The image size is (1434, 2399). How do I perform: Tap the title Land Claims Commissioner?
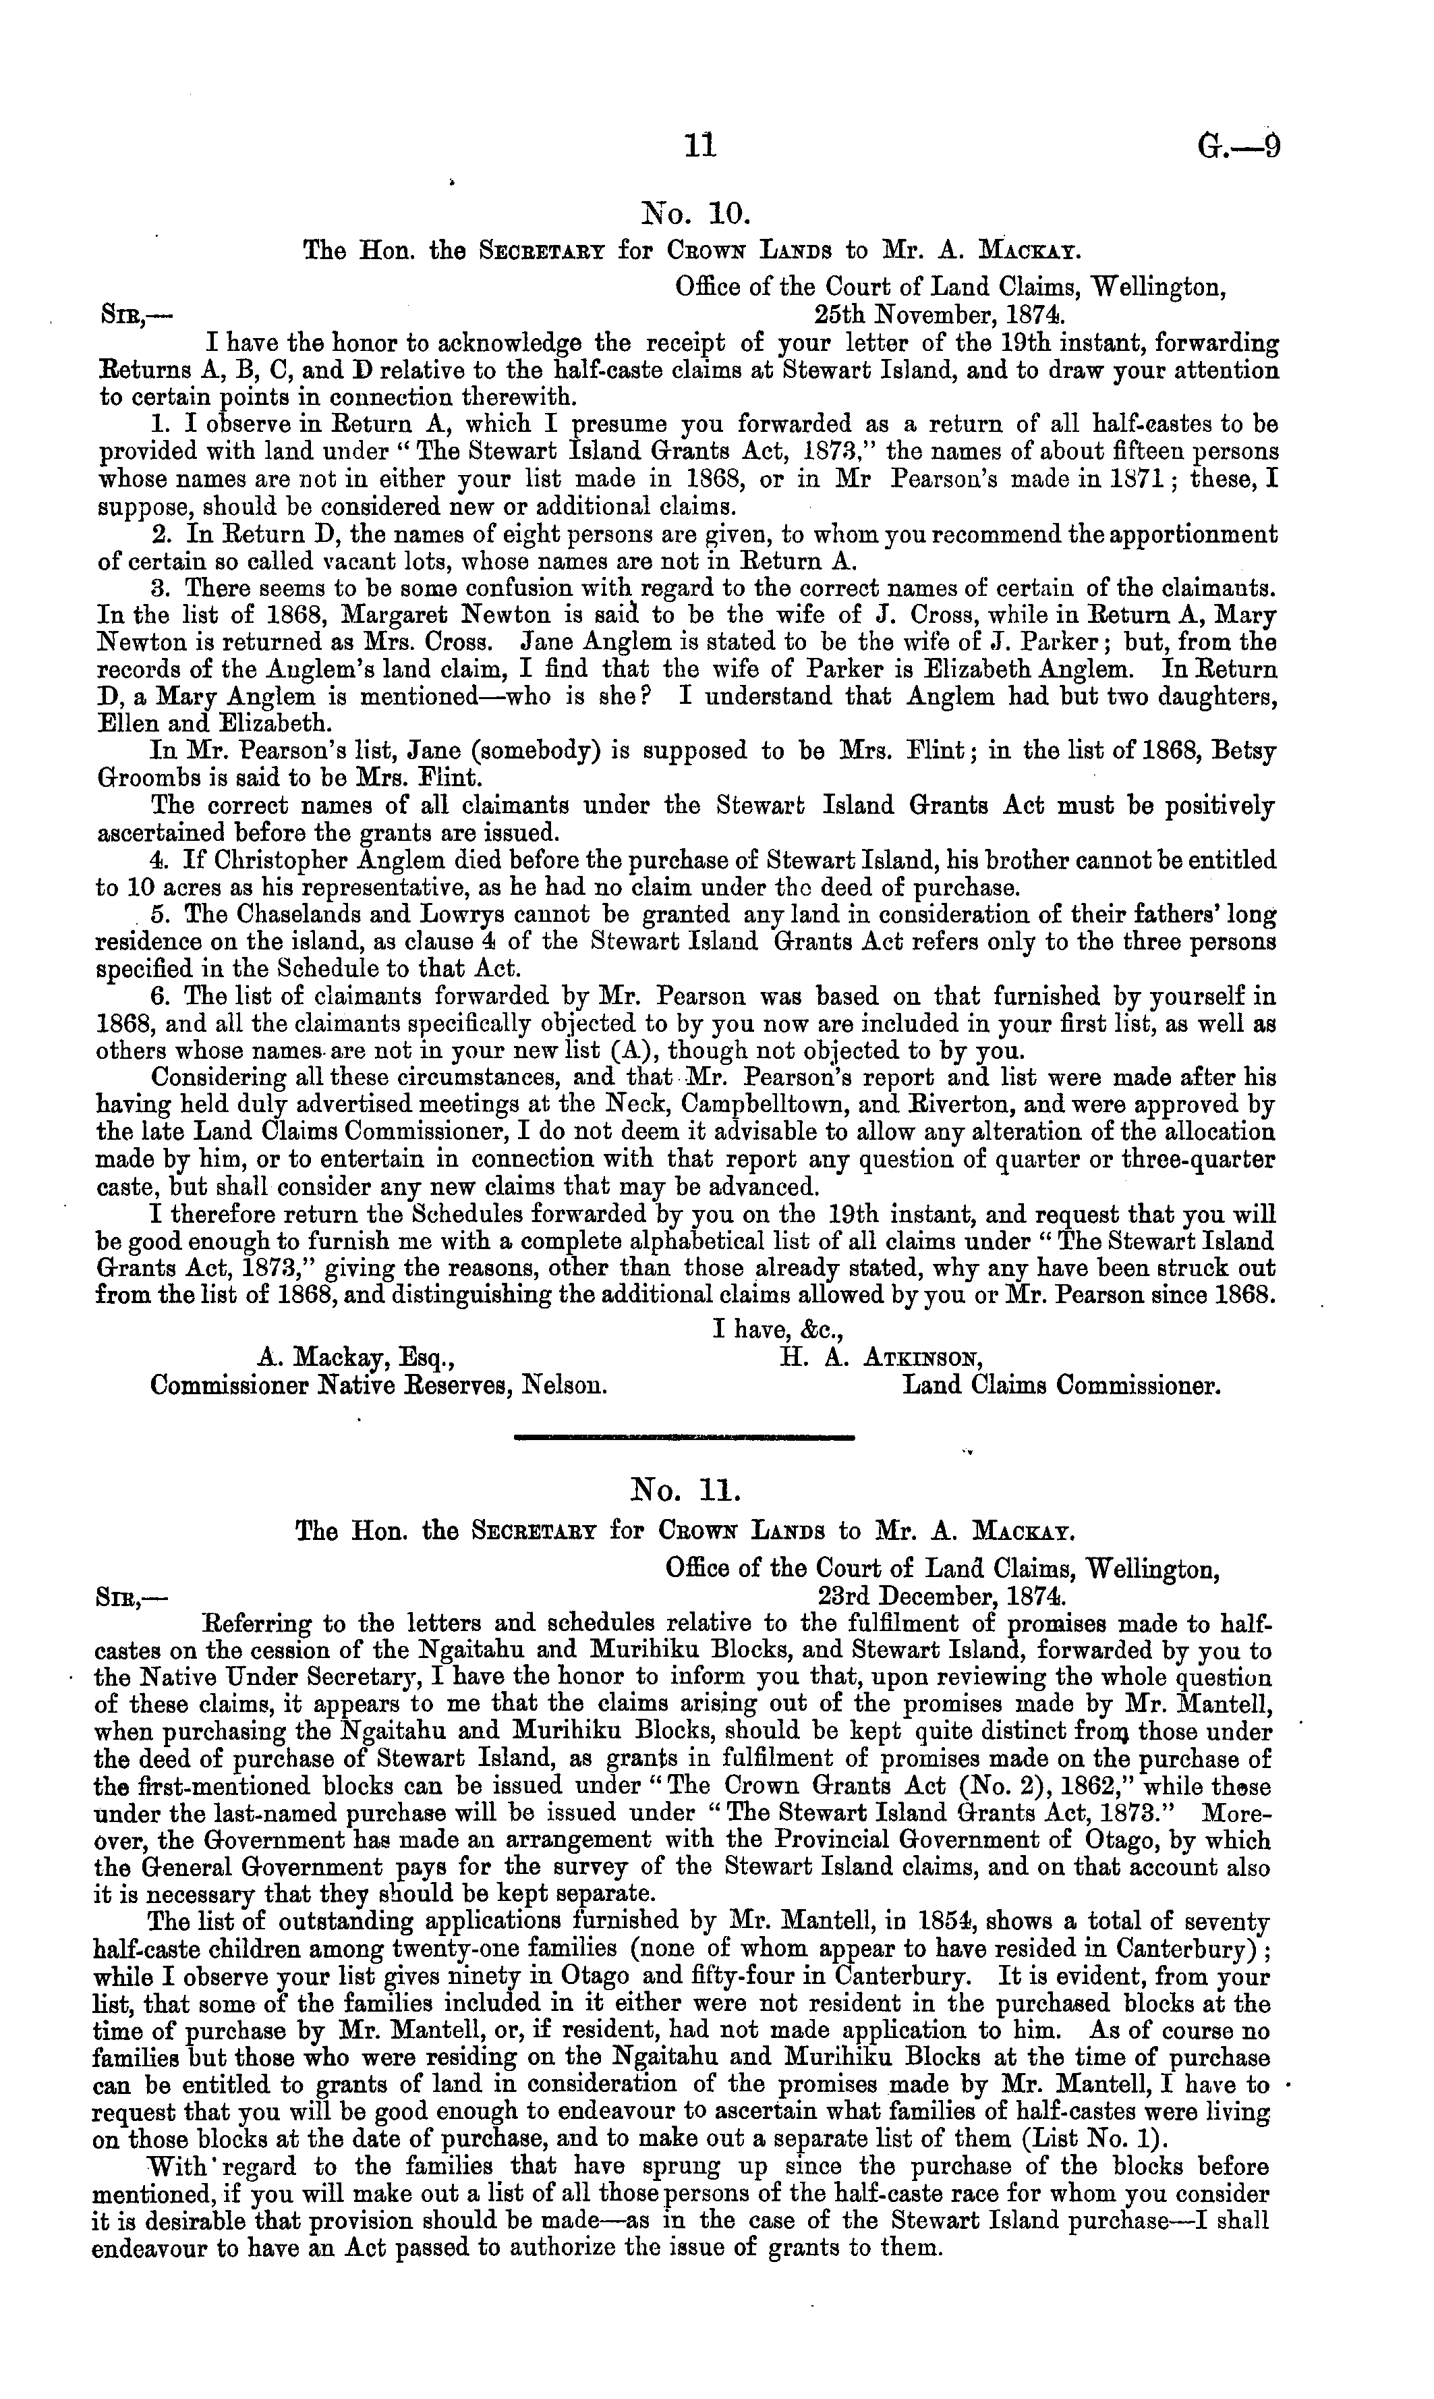[x=1061, y=1385]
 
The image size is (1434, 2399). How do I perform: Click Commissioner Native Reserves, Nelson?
[x=379, y=1385]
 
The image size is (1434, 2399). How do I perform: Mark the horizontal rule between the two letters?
[x=685, y=1438]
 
